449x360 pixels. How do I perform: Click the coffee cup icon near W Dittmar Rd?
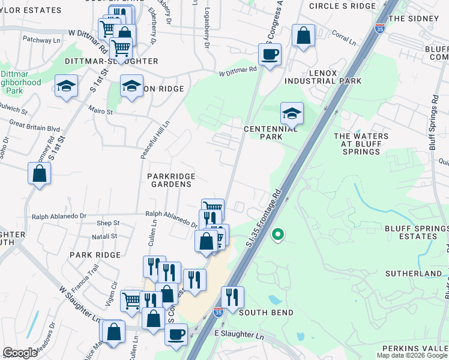(x=270, y=55)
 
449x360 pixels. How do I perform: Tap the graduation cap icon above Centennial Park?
(x=292, y=113)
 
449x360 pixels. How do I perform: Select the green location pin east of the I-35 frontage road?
(x=277, y=234)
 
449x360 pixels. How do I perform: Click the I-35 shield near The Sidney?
(x=379, y=28)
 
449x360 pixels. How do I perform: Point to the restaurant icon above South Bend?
(x=232, y=296)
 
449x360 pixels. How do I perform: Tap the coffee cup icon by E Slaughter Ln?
(x=176, y=334)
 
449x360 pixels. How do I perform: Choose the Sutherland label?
(x=414, y=274)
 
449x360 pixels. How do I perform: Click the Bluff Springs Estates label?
(x=416, y=232)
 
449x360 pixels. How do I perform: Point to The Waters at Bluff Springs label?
(x=361, y=144)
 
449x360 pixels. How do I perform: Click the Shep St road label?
(x=107, y=223)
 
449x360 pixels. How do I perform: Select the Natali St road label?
(x=105, y=238)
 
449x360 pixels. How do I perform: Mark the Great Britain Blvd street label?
(x=34, y=128)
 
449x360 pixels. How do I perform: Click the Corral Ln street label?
(x=343, y=38)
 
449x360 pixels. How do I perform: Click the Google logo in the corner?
(x=20, y=353)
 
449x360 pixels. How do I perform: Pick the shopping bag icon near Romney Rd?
(x=39, y=174)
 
